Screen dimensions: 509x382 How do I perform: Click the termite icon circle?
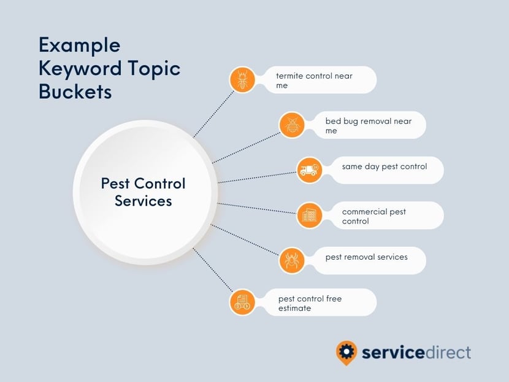pos(242,80)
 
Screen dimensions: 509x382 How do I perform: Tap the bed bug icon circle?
pos(292,125)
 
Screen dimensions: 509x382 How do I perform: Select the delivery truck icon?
pos(309,170)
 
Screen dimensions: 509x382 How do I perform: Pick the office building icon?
pos(309,215)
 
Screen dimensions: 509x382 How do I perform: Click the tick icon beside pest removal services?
pos(292,260)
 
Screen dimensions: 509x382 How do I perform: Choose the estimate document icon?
pos(242,302)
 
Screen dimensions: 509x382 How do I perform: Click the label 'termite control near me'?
pos(314,80)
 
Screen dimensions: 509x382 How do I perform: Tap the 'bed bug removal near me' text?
pos(369,125)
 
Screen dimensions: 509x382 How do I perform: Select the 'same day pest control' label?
pos(385,166)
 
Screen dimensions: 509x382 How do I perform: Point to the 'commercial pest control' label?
pos(373,216)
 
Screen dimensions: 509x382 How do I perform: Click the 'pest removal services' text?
pos(367,257)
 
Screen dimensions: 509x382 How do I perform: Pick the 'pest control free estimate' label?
pos(310,303)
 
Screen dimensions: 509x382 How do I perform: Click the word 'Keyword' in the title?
pos(80,69)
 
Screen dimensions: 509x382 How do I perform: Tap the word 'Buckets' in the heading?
pos(75,92)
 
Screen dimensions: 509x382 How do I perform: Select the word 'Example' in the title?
pos(80,45)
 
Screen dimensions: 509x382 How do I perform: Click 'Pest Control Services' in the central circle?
pos(143,192)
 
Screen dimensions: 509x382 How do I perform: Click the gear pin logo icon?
pos(346,353)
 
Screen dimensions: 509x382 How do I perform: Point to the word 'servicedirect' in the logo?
pos(416,353)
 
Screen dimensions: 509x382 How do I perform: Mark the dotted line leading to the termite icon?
pos(213,114)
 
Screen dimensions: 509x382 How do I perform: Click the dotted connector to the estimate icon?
pos(213,270)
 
